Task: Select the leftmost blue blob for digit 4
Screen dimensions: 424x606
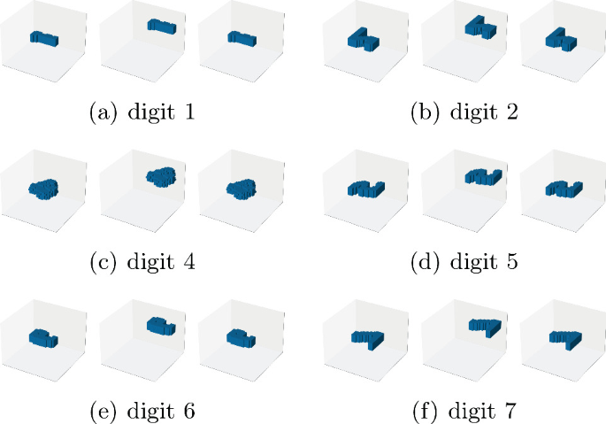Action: (43, 188)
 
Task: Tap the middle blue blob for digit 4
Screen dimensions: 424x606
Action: (162, 175)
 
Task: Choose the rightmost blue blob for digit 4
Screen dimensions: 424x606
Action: (241, 188)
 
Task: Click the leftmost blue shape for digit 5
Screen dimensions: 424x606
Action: (363, 189)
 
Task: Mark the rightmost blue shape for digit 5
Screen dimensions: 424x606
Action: (561, 189)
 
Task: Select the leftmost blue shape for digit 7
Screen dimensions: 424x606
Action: (364, 337)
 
